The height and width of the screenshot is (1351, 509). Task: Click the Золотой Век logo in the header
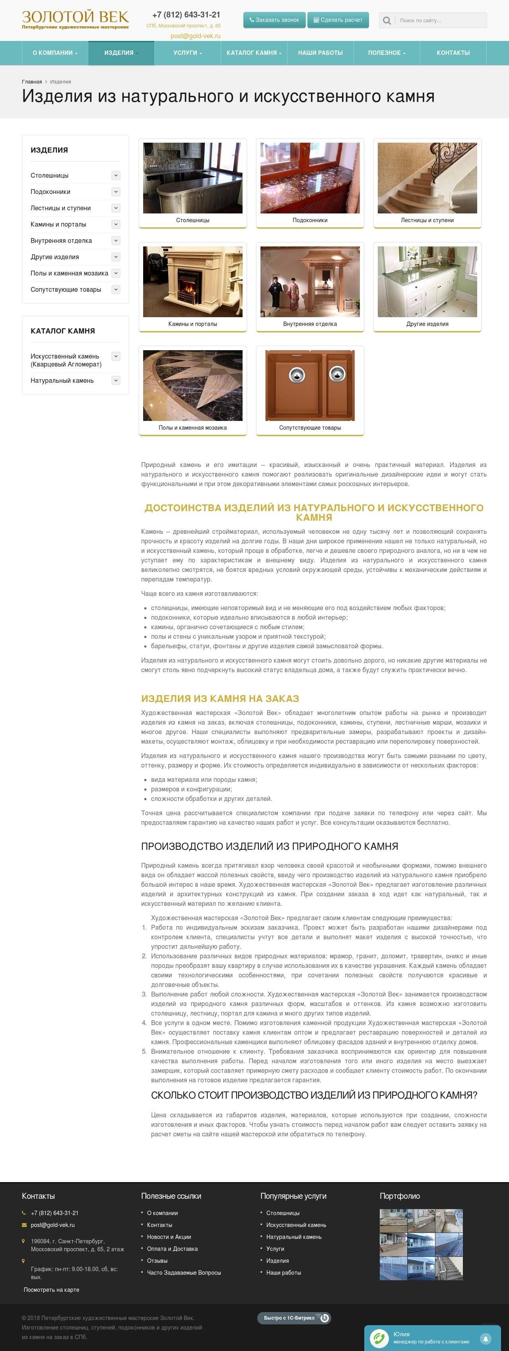pos(75,19)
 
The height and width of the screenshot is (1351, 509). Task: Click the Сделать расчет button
pos(338,20)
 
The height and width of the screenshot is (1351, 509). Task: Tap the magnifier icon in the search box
pos(387,20)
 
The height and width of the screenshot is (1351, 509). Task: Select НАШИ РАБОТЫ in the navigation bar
pos(320,53)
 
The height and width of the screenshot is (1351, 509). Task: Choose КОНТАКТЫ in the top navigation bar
pos(453,53)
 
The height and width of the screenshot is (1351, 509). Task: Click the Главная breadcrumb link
pos(31,82)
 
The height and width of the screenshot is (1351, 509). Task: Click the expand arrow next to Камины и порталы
pos(116,225)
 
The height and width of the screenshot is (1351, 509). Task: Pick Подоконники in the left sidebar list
pos(51,192)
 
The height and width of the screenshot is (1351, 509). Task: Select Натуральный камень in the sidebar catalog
pos(62,381)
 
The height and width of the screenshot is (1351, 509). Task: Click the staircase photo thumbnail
pos(427,178)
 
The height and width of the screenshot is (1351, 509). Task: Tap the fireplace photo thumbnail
pos(192,282)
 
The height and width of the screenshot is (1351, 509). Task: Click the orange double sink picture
pos(310,385)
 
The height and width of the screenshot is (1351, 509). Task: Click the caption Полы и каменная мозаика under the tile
pos(192,428)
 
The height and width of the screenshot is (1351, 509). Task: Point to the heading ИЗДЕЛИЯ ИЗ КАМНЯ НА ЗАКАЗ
pos(220,699)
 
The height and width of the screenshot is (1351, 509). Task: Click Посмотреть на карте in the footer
pos(51,1290)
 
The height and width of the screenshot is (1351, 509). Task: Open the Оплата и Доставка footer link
pos(172,1249)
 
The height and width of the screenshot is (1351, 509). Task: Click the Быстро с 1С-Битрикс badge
pos(294,1318)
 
